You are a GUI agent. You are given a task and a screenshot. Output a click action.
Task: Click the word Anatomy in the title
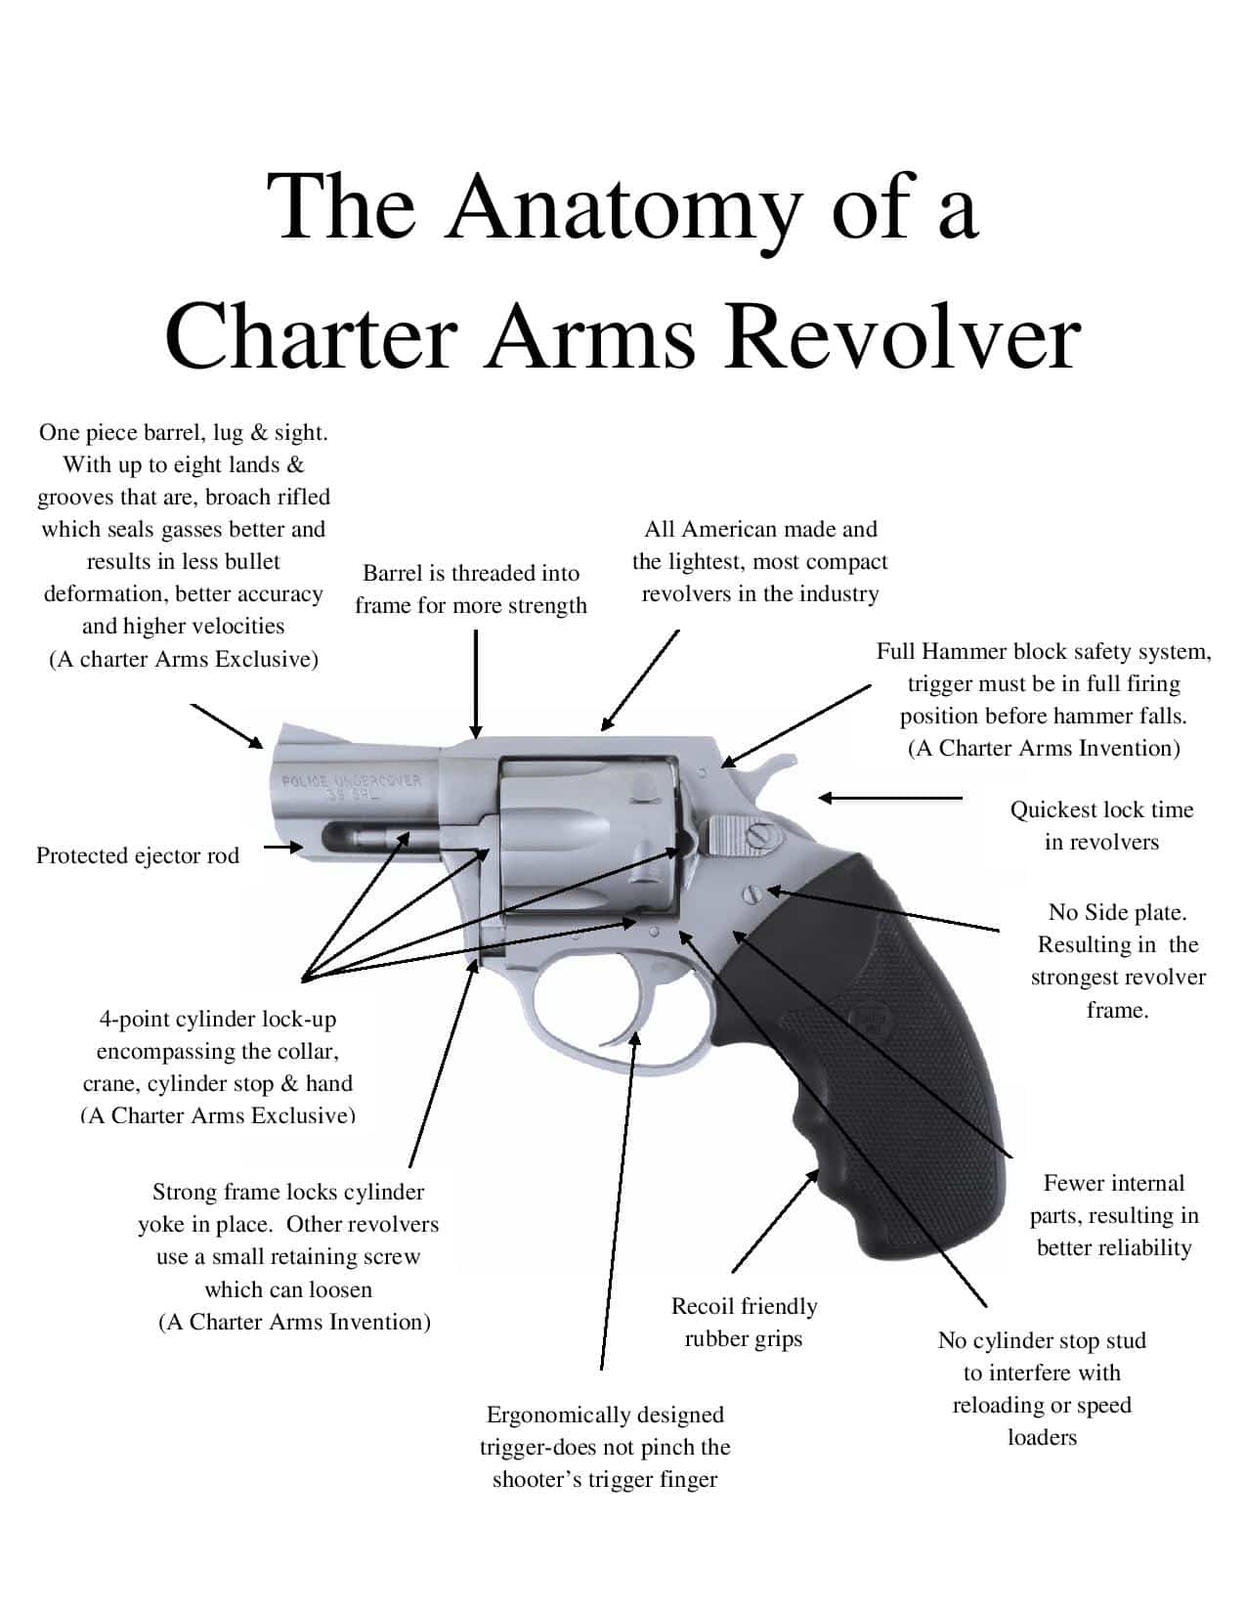pos(624,211)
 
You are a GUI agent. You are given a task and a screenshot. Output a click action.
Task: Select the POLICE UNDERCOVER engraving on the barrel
pos(352,787)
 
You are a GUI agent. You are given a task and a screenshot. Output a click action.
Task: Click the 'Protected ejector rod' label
pos(138,855)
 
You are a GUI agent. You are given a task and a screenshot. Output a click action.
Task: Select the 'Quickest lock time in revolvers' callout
pos(1101,825)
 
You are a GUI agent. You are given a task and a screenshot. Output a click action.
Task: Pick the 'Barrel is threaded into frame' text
pos(470,589)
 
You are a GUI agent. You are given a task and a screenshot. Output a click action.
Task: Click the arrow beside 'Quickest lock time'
pos(890,798)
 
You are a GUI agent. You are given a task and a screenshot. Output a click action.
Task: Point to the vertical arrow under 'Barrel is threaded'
pos(476,683)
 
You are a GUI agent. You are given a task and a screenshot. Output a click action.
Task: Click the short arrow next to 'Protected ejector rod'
pos(283,847)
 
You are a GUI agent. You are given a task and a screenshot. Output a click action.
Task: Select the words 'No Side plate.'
pos(1117,912)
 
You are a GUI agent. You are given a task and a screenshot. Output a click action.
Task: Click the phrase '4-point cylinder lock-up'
pos(217,1020)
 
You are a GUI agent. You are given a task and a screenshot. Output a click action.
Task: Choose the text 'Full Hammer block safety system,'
pos(1044,652)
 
